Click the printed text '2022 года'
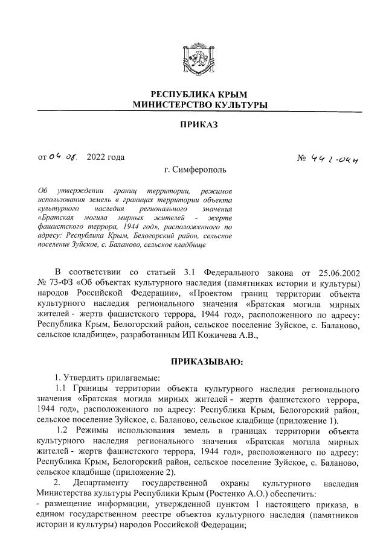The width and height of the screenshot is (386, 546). pyautogui.click(x=106, y=157)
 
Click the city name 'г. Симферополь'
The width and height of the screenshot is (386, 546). pyautogui.click(x=193, y=171)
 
